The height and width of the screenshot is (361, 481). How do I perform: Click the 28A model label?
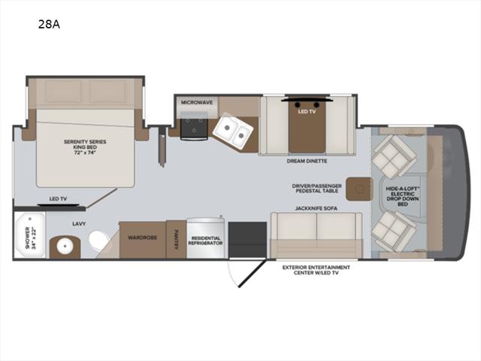[49, 24]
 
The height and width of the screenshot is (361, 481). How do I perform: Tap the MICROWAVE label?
[197, 102]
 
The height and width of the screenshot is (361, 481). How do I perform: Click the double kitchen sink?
[233, 131]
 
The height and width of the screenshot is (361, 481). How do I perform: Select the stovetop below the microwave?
[194, 126]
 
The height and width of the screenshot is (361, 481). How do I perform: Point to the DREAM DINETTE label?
[307, 161]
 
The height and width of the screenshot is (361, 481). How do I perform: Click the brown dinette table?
[307, 126]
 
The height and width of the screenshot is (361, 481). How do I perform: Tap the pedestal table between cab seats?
[359, 189]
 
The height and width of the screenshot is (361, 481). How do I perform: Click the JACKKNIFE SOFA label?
[316, 208]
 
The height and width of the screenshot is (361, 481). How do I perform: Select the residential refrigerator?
[205, 238]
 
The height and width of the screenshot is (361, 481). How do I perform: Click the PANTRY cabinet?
[176, 239]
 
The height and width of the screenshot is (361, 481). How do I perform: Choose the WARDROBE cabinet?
[143, 240]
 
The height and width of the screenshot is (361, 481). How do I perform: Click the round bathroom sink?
[65, 246]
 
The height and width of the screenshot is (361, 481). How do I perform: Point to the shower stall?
[30, 235]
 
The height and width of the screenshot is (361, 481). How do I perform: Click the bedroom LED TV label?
[59, 199]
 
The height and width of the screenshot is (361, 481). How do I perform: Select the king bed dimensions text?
[85, 152]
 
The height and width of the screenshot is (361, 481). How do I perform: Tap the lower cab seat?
[394, 231]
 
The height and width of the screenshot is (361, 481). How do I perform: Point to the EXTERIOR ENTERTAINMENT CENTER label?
[316, 270]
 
